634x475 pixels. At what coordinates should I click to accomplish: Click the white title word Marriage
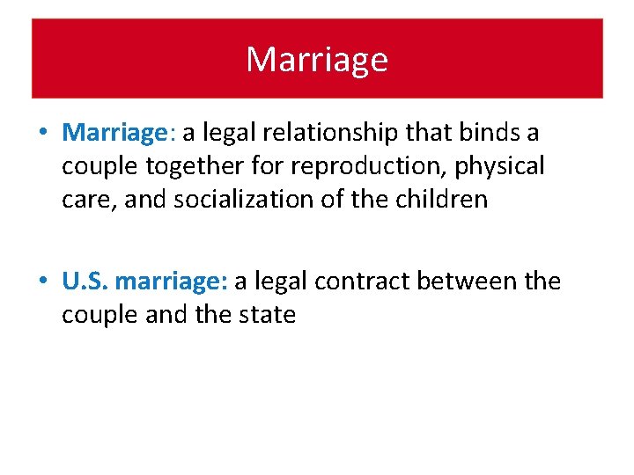click(x=316, y=60)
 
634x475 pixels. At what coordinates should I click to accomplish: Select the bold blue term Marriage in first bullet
click(x=115, y=133)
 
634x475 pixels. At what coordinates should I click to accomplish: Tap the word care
click(x=89, y=200)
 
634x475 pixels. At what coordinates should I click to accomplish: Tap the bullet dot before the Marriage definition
click(x=43, y=134)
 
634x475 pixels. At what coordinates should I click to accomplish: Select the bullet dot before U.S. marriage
click(x=43, y=282)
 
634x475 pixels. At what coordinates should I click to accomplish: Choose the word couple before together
click(x=93, y=166)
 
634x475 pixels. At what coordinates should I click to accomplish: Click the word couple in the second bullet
click(x=93, y=315)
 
